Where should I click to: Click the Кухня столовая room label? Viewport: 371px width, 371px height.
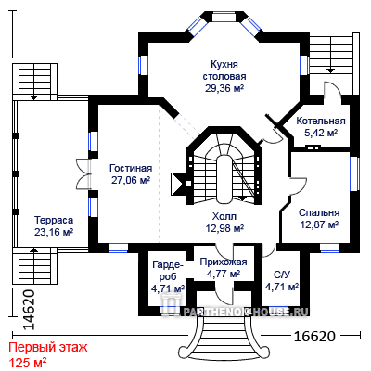[x=224, y=70]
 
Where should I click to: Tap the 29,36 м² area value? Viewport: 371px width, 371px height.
[x=224, y=88]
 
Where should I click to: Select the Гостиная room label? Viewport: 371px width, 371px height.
[x=131, y=168]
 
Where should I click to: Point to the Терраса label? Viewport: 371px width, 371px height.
[x=54, y=220]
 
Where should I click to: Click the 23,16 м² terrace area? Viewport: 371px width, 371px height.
[x=54, y=232]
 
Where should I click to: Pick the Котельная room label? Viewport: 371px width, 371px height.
[x=321, y=121]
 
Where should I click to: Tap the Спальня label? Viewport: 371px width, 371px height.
[x=319, y=212]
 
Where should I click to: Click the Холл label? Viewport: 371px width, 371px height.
[x=224, y=216]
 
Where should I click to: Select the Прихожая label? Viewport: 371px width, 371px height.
[x=224, y=262]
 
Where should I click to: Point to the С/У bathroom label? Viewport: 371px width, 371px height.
[x=282, y=275]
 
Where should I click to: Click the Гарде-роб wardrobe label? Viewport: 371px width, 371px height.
[x=168, y=271]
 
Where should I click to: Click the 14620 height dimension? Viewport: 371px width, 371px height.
[x=29, y=310]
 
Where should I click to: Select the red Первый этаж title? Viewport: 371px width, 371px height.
[x=48, y=347]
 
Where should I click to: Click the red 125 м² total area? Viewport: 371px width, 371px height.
[x=28, y=362]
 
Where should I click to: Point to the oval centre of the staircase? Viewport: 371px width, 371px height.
[x=224, y=178]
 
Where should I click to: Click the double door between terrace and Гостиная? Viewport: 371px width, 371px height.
[x=83, y=173]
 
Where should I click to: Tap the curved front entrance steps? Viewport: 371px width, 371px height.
[x=224, y=337]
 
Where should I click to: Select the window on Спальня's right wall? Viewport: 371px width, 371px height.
[x=354, y=173]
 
